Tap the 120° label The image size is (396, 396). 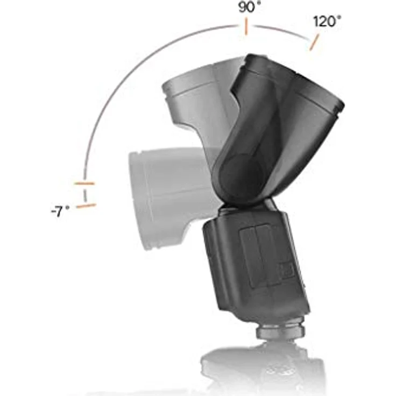coord(327,22)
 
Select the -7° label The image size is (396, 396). coord(60,211)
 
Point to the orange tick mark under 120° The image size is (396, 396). coord(314,42)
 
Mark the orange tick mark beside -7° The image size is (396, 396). coord(87,206)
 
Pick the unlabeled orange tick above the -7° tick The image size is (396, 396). coord(84,183)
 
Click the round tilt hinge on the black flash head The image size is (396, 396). coord(241,175)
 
